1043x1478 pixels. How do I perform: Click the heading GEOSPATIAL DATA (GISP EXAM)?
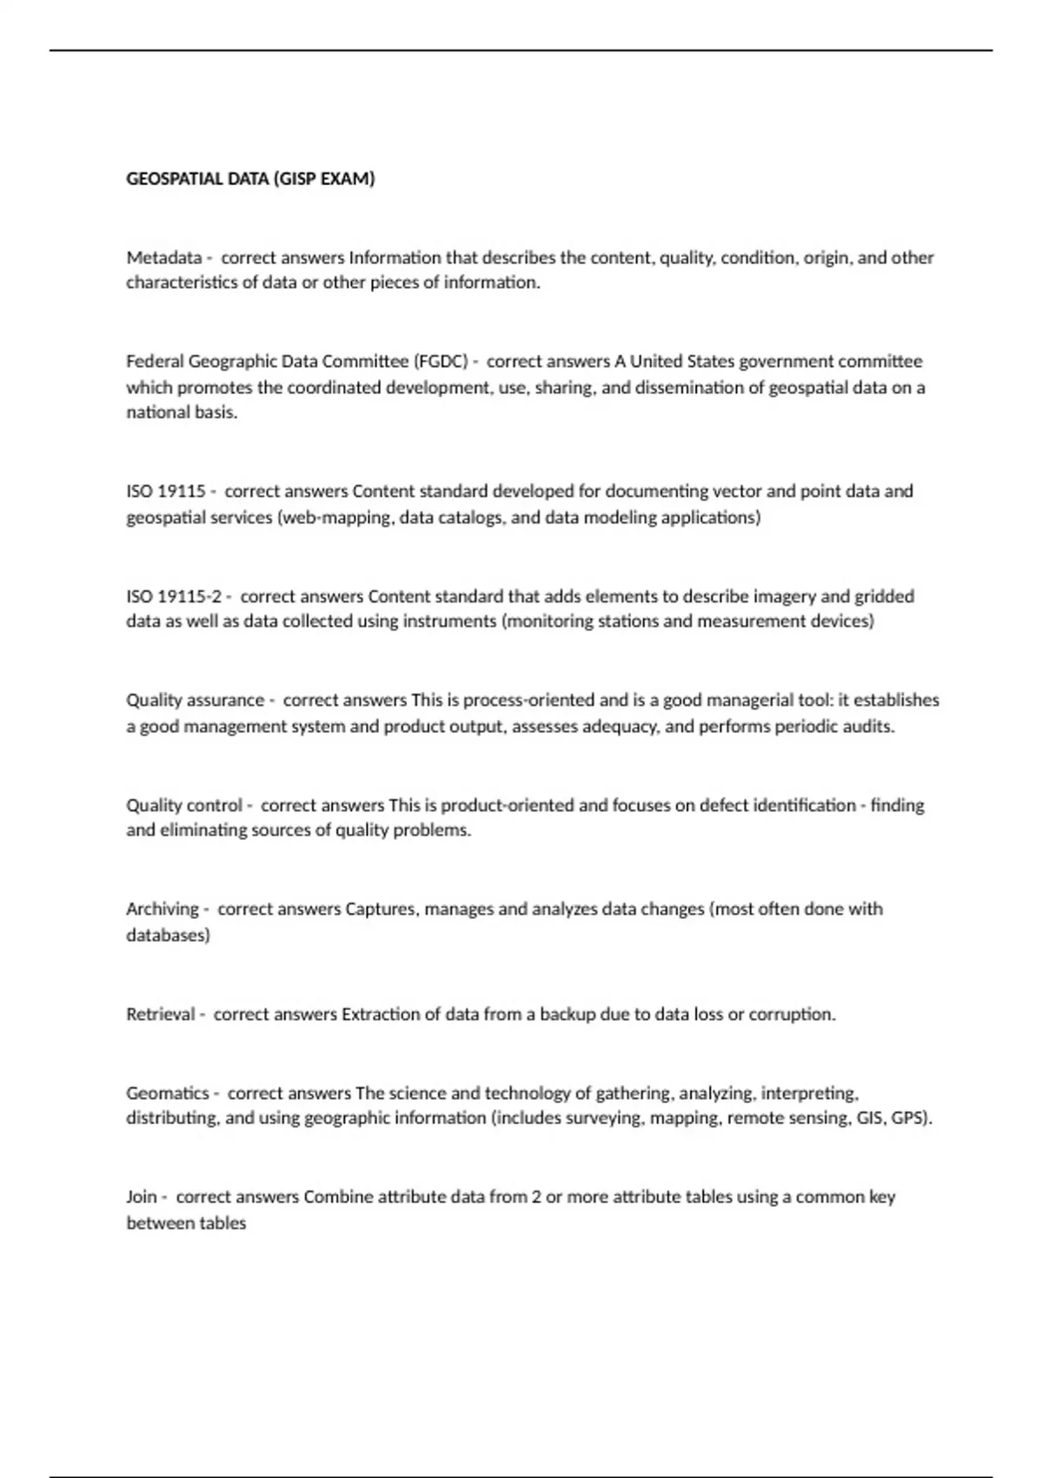pyautogui.click(x=250, y=179)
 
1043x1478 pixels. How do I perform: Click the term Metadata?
pyautogui.click(x=163, y=257)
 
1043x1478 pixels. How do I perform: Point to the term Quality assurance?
pyautogui.click(x=195, y=700)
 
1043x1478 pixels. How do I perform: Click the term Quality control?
pyautogui.click(x=184, y=805)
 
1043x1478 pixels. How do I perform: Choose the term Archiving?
pyautogui.click(x=163, y=909)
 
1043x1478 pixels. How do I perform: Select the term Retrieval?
pyautogui.click(x=161, y=1014)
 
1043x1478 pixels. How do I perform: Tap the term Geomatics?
pyautogui.click(x=168, y=1093)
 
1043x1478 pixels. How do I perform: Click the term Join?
pyautogui.click(x=141, y=1196)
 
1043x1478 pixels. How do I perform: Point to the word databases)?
pyautogui.click(x=168, y=935)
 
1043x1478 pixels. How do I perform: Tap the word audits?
pyautogui.click(x=868, y=727)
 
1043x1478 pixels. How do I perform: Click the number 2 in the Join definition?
pyautogui.click(x=536, y=1196)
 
